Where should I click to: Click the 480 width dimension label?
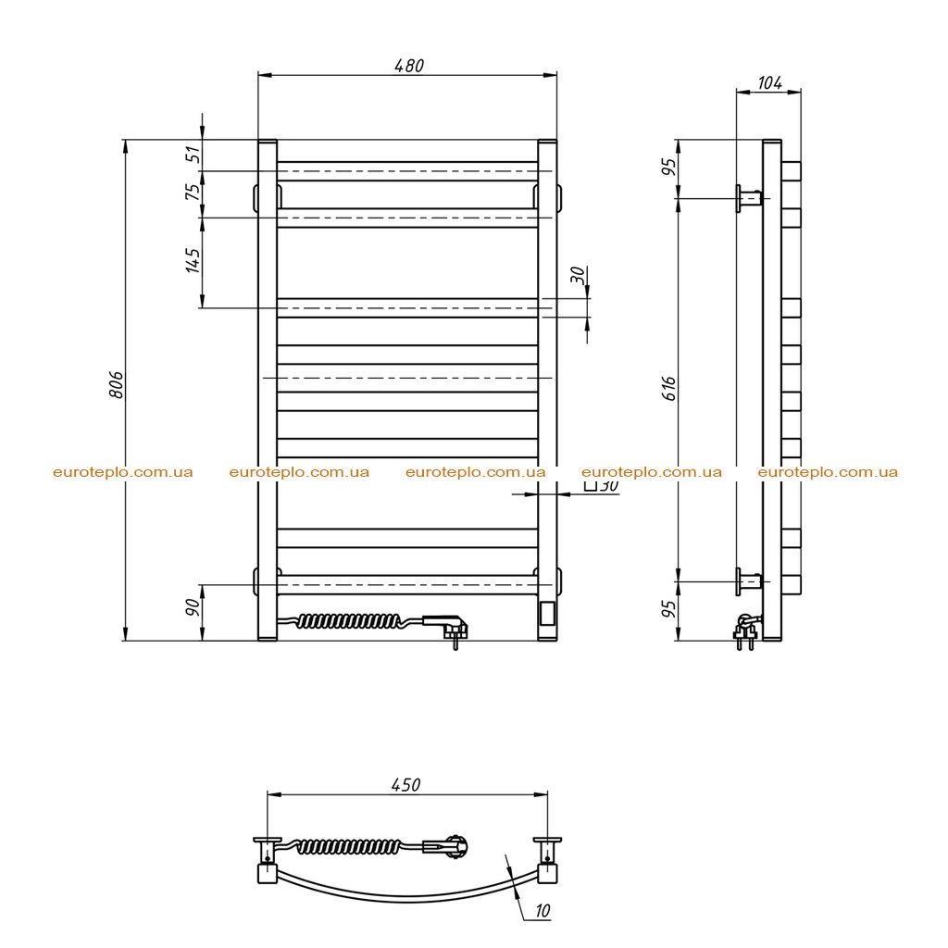pyautogui.click(x=409, y=66)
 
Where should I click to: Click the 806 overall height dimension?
pyautogui.click(x=116, y=385)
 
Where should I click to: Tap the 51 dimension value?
pyautogui.click(x=193, y=155)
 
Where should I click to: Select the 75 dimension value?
pyautogui.click(x=193, y=192)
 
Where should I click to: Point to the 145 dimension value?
pyautogui.click(x=193, y=260)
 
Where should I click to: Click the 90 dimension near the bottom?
pyautogui.click(x=193, y=606)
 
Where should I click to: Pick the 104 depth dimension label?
pyautogui.click(x=769, y=82)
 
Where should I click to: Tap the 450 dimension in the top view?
pyautogui.click(x=405, y=785)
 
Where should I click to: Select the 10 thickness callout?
pyautogui.click(x=543, y=911)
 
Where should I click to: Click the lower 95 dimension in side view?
pyautogui.click(x=668, y=609)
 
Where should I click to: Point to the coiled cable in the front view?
pyautogui.click(x=348, y=621)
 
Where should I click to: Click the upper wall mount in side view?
pyautogui.click(x=748, y=198)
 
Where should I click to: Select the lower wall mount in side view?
pyautogui.click(x=748, y=581)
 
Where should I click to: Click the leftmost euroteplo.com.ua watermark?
pyautogui.click(x=123, y=472)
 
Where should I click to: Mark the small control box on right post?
pyautogui.click(x=548, y=613)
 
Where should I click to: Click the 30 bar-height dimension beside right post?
pyautogui.click(x=579, y=275)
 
